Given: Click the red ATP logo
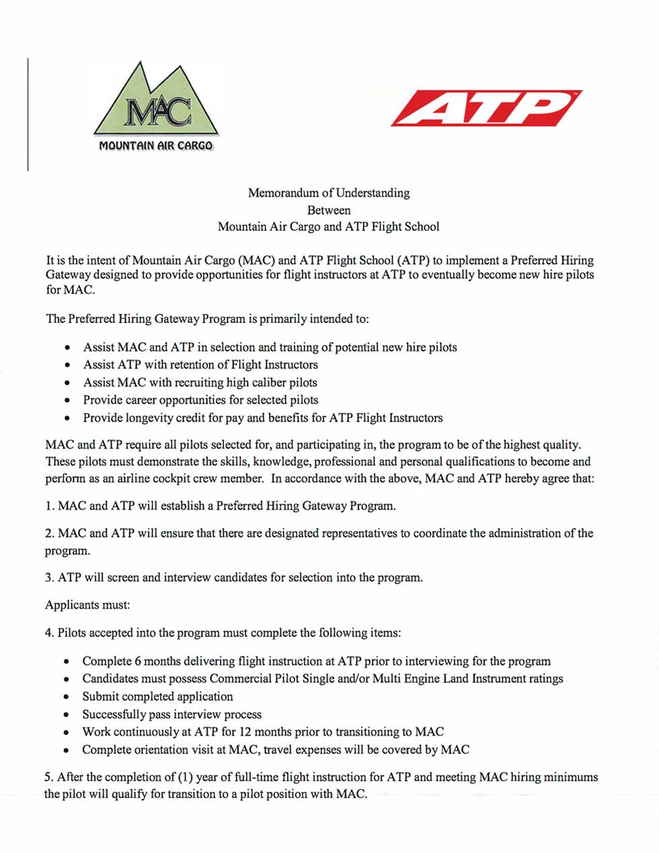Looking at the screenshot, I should [486, 108].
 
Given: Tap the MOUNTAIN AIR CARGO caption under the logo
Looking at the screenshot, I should [156, 146].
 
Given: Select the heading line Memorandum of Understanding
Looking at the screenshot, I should [328, 193].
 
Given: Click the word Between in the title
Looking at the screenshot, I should [328, 210].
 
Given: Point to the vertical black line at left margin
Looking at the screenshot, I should [28, 114].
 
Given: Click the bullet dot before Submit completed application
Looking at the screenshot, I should [66, 697].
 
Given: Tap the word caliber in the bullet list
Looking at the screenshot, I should [268, 383].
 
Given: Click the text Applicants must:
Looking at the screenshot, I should [87, 605].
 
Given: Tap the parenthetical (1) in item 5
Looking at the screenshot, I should [185, 777].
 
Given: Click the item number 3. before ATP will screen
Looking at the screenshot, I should [49, 577].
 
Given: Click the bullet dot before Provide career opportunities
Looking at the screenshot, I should [66, 400].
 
